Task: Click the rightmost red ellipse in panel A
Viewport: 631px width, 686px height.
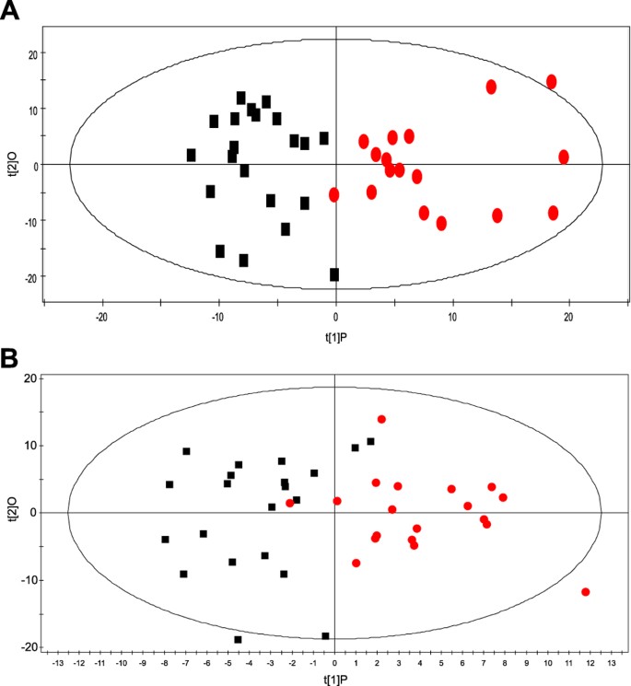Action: pyautogui.click(x=564, y=157)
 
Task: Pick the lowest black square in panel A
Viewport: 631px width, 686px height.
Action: pyautogui.click(x=334, y=274)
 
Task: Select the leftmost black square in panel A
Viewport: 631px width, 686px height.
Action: pyautogui.click(x=192, y=155)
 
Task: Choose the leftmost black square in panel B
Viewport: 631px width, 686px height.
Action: pyautogui.click(x=165, y=540)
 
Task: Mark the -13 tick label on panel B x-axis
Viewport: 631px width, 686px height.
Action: pyautogui.click(x=58, y=661)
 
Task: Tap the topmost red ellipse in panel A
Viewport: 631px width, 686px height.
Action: pyautogui.click(x=552, y=82)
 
